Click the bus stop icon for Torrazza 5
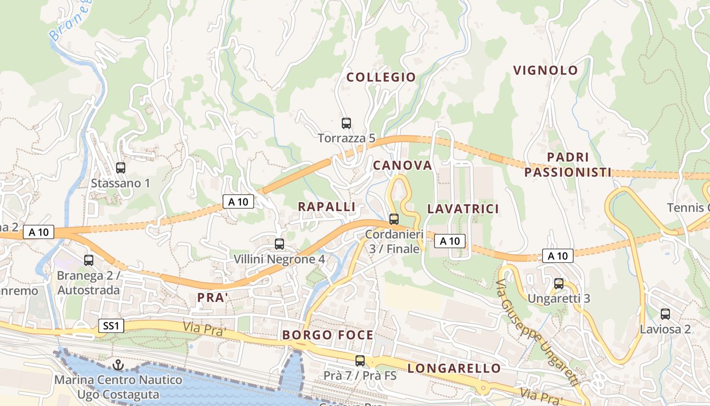pos(346,123)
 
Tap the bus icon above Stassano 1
pos(121,168)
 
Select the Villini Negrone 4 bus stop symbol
pos(279,244)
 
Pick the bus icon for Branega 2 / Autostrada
pos(89,260)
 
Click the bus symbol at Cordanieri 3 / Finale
pos(394,219)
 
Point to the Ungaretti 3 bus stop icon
pos(559,284)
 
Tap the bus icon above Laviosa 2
pos(665,314)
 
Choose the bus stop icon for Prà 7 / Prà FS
pos(360,361)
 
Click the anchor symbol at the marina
pos(118,365)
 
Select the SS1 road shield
pos(111,326)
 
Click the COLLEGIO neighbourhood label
pos(381,77)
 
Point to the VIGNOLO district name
pos(546,71)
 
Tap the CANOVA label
pos(403,165)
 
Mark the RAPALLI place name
pos(327,207)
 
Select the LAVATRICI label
pos(463,209)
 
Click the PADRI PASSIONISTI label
pos(568,165)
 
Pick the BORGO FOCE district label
pos(328,335)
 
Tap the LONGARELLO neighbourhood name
pos(454,368)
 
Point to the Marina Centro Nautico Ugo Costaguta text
pos(118,387)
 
